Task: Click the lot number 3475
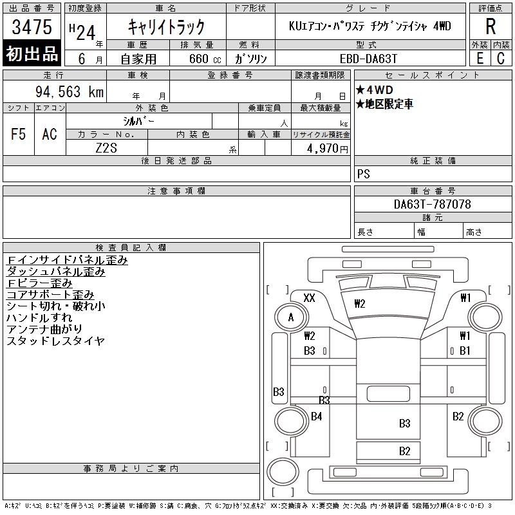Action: pyautogui.click(x=32, y=27)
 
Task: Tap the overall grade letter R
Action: pyautogui.click(x=491, y=27)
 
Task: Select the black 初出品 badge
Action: pyautogui.click(x=32, y=54)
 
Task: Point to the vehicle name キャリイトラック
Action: pyautogui.click(x=166, y=27)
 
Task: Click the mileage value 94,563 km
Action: pyautogui.click(x=69, y=92)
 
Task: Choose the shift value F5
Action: pyautogui.click(x=19, y=134)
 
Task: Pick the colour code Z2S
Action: pyautogui.click(x=106, y=148)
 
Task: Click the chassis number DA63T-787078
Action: pyautogui.click(x=432, y=204)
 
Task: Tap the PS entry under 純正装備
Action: pyautogui.click(x=364, y=174)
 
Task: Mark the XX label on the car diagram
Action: pyautogui.click(x=309, y=298)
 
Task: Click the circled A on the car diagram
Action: pyautogui.click(x=291, y=317)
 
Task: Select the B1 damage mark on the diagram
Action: pyautogui.click(x=465, y=351)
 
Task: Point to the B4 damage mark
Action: pyautogui.click(x=316, y=417)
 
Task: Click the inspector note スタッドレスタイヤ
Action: pyautogui.click(x=55, y=341)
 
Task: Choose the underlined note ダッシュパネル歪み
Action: pyautogui.click(x=55, y=272)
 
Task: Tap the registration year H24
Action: pyautogui.click(x=86, y=27)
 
